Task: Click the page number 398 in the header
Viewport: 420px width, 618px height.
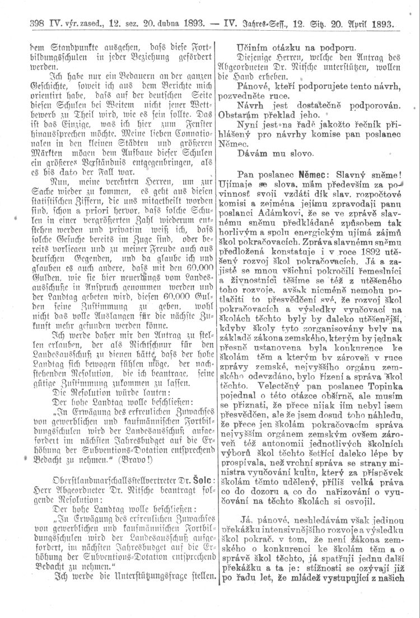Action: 26,25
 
